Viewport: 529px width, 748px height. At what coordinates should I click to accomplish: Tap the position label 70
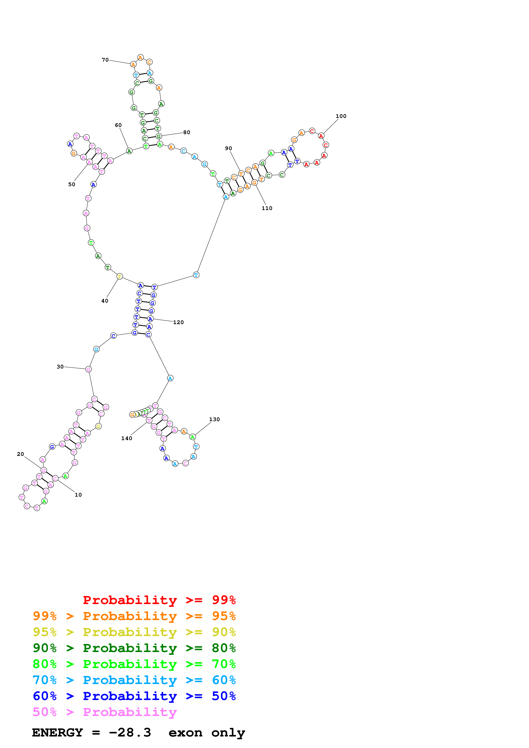[105, 60]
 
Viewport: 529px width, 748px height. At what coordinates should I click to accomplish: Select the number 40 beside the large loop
[105, 301]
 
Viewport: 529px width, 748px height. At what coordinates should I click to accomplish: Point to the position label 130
[214, 419]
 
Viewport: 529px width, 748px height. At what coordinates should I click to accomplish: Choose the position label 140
[127, 438]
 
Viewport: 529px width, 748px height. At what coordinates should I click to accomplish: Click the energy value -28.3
[130, 732]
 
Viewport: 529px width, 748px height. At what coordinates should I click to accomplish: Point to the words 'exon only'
[206, 732]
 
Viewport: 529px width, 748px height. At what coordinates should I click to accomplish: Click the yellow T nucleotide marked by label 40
[119, 277]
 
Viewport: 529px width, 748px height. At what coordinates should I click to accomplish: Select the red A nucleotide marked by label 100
[321, 136]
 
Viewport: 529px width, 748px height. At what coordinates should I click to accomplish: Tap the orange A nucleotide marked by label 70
[133, 65]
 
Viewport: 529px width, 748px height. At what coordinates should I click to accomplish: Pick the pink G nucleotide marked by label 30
[88, 369]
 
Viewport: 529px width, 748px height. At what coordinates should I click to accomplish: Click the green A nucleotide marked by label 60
[129, 151]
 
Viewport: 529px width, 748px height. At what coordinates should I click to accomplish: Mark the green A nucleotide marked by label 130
[193, 437]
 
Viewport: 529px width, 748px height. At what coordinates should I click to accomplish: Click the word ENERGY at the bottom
[57, 732]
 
